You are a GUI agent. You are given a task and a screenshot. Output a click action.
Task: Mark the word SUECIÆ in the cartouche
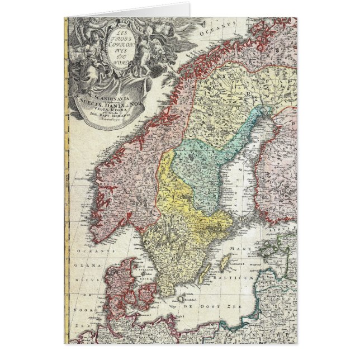click(x=100, y=102)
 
